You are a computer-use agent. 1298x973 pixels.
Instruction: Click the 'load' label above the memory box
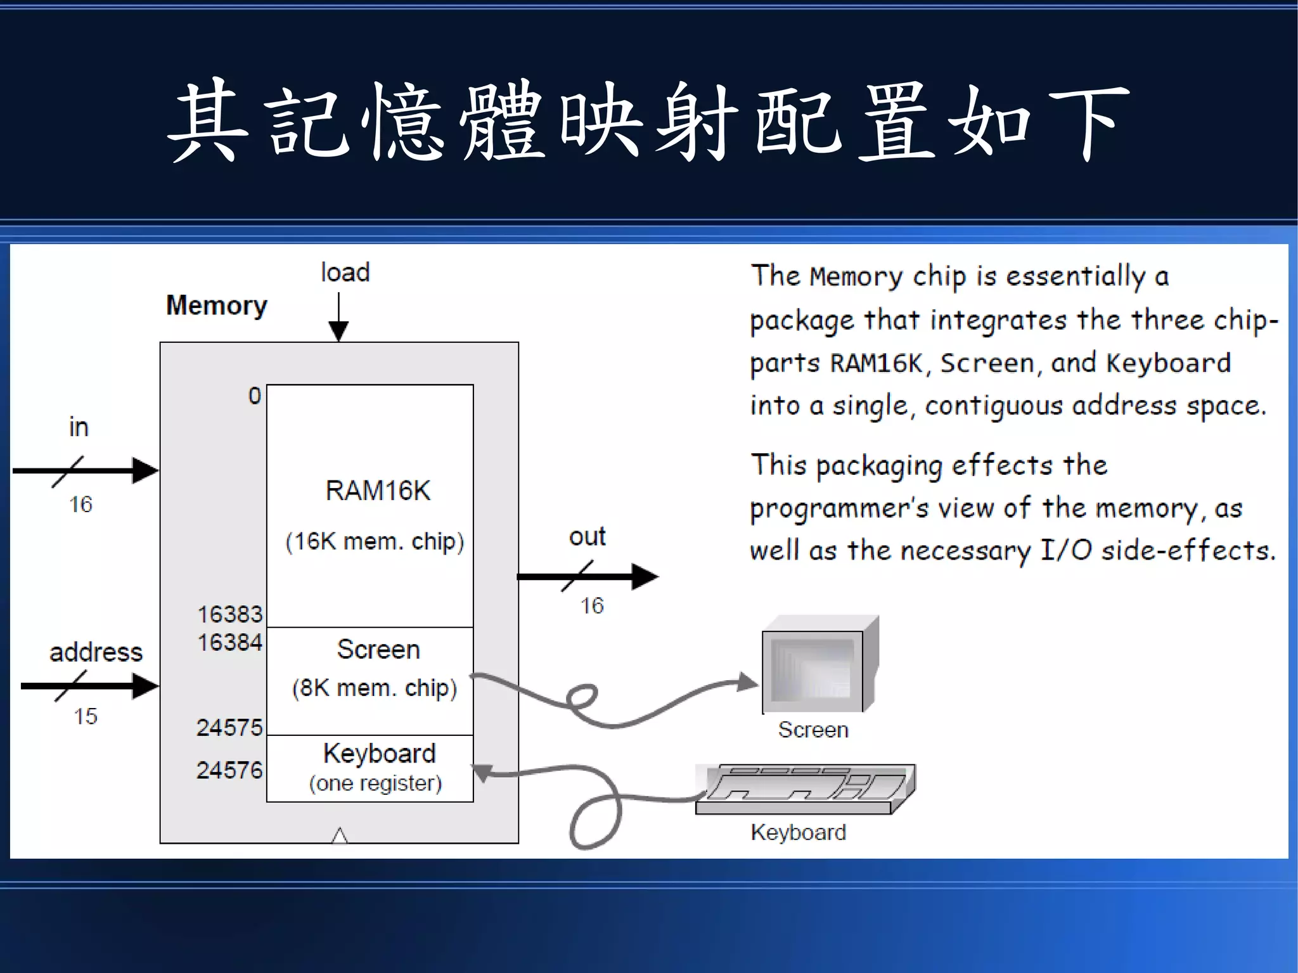(x=345, y=273)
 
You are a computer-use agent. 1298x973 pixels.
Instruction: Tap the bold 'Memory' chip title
(x=216, y=306)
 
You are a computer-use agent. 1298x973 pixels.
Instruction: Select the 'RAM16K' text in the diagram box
(x=378, y=491)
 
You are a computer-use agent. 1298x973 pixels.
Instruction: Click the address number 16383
(x=229, y=614)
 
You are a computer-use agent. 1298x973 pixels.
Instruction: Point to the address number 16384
(x=229, y=642)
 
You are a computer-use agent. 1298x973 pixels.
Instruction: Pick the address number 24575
(x=229, y=727)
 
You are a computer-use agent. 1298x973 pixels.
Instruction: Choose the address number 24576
(x=229, y=770)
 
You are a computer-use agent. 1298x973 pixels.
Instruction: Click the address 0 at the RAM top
(x=254, y=396)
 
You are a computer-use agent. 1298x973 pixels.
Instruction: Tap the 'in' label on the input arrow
(x=79, y=427)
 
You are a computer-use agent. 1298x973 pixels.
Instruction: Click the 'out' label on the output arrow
(x=587, y=537)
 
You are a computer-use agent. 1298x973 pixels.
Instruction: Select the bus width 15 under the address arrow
(x=85, y=716)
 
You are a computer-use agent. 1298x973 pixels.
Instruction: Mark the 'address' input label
(x=96, y=652)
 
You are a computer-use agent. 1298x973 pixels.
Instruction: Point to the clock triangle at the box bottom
(x=340, y=835)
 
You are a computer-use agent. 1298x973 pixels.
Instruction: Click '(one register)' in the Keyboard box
(x=375, y=783)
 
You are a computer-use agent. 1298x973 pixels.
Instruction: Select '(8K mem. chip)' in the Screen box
(x=374, y=688)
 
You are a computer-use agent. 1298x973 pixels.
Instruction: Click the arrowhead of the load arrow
(x=338, y=331)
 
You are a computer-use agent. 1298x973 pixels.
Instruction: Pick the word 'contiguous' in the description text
(x=993, y=406)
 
